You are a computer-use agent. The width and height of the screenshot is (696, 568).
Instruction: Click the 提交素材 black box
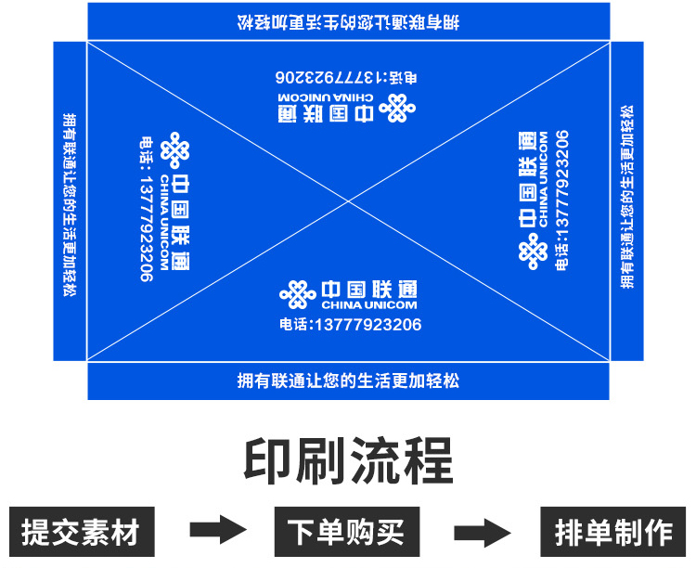coord(81,532)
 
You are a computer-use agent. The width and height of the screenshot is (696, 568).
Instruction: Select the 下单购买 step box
coord(346,532)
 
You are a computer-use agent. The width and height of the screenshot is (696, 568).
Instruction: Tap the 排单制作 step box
coord(613,532)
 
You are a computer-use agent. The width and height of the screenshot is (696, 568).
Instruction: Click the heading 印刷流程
coord(348,460)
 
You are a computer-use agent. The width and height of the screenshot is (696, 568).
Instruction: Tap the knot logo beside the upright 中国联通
coord(298,294)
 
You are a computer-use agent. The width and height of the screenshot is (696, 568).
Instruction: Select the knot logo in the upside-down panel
coord(397,109)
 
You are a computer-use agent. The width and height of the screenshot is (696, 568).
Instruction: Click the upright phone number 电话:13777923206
coord(350,325)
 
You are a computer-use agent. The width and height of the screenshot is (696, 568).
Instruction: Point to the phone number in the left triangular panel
coord(145,209)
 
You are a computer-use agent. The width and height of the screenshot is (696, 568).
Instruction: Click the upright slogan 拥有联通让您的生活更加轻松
coord(348,381)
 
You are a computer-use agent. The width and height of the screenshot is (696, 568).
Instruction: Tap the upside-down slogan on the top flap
coord(348,21)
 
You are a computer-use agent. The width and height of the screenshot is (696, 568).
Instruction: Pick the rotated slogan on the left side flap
coord(70,205)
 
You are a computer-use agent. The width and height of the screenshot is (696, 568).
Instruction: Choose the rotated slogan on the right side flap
coord(627,197)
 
